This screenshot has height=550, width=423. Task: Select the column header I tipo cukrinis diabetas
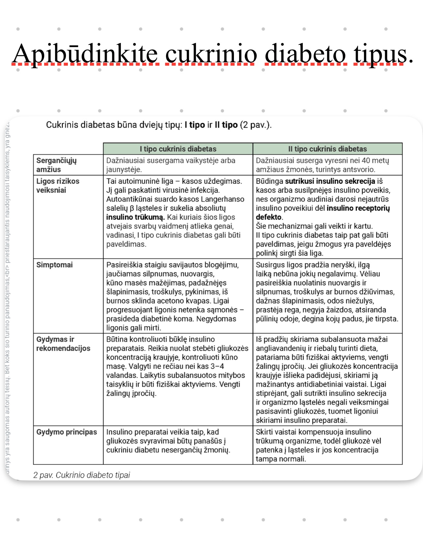point(178,149)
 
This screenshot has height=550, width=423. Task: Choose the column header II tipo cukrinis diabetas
point(327,149)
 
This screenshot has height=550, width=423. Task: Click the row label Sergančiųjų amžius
point(56,165)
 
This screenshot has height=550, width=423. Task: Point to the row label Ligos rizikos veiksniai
point(58,186)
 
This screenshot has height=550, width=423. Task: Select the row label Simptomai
point(54,265)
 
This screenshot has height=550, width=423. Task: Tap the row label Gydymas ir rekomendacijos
point(63,344)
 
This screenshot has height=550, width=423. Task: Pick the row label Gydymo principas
point(67,432)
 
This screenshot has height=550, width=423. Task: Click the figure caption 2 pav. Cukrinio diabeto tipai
point(81,475)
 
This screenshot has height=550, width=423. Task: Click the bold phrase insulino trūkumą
point(135,217)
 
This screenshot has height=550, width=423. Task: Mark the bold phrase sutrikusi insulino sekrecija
point(330,181)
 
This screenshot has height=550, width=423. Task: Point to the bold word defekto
point(269,217)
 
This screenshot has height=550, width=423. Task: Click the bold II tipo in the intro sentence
point(226,125)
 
